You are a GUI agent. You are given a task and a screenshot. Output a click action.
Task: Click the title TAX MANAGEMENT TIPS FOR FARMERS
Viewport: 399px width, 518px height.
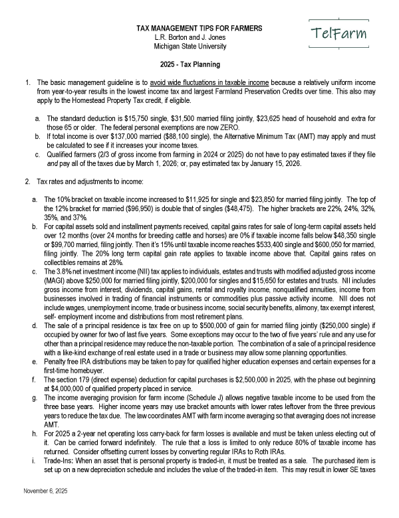point(199,29)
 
